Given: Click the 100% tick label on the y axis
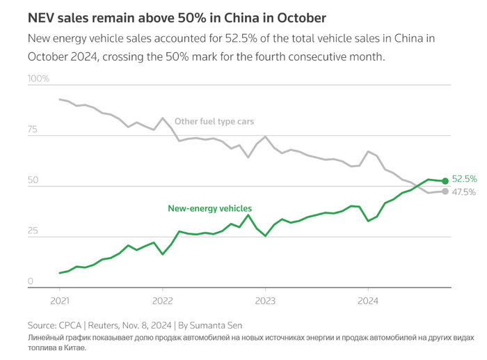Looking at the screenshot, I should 38,79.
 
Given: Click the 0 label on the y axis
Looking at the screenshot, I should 31,282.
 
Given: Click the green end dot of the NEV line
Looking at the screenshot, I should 445,181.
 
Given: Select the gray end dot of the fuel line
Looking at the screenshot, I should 445,191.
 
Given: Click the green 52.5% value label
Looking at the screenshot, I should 464,179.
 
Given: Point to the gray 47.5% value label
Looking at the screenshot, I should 464,192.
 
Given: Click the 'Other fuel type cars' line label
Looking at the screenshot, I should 214,121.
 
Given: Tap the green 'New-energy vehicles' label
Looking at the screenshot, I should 209,208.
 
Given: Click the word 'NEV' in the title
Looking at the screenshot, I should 40,16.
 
